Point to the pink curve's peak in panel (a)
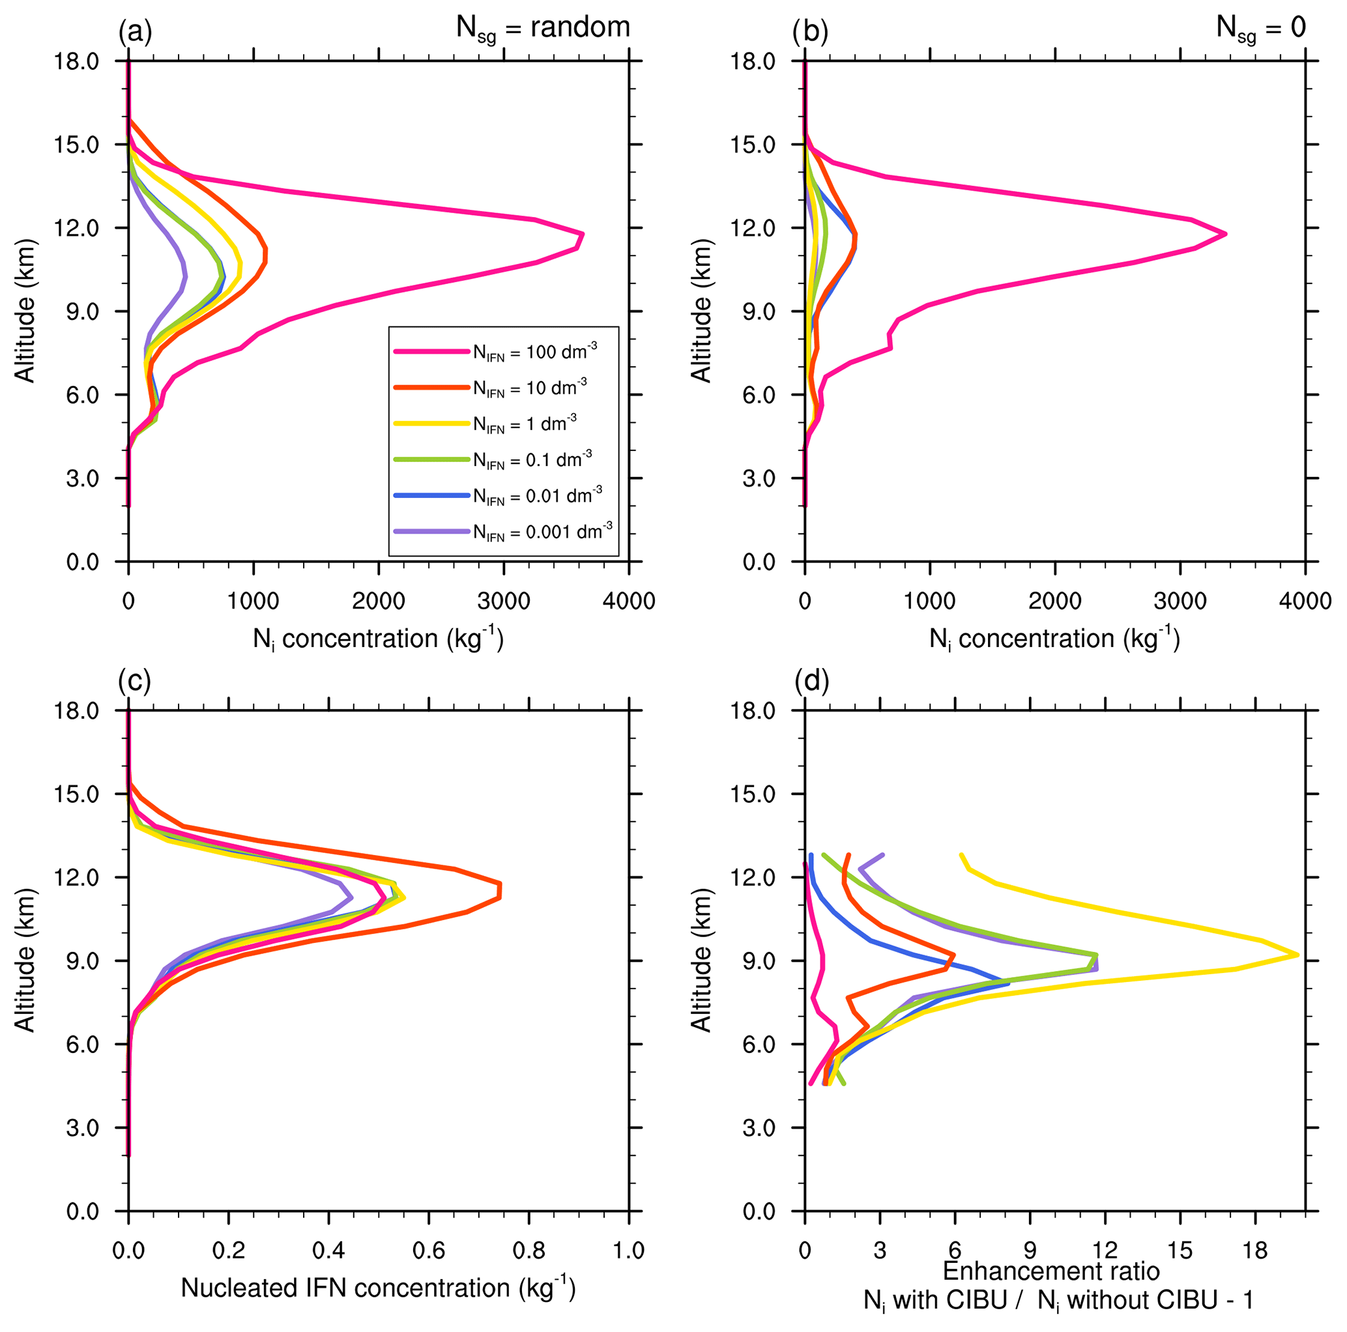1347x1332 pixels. tap(582, 234)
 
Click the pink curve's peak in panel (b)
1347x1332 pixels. tap(1225, 234)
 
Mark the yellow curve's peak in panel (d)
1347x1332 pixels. tap(1297, 954)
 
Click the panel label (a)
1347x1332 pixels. tap(134, 31)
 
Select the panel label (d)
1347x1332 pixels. tap(811, 681)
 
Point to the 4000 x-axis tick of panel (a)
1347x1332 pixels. tap(629, 601)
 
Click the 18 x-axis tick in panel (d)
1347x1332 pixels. tap(1255, 1251)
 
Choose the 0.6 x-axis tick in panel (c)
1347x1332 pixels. tap(429, 1251)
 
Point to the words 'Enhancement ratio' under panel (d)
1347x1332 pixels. tap(1050, 1271)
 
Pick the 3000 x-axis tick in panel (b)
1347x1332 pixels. tap(1180, 601)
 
